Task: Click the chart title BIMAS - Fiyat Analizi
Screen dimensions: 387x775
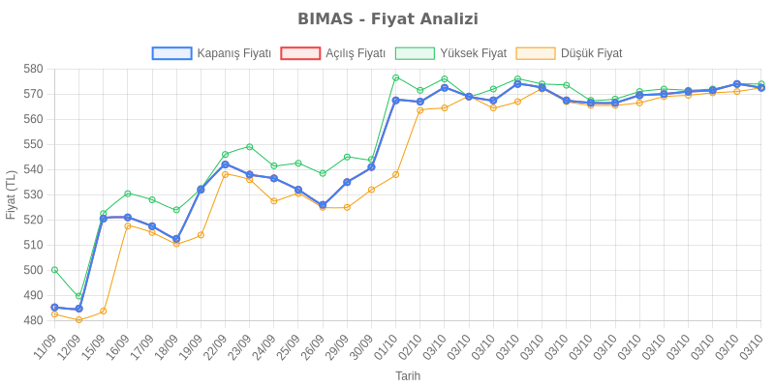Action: pyautogui.click(x=387, y=19)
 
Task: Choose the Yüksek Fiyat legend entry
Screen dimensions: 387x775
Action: pyautogui.click(x=451, y=53)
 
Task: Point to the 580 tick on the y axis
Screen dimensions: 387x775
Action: pyautogui.click(x=32, y=69)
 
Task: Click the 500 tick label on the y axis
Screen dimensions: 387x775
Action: pyautogui.click(x=32, y=270)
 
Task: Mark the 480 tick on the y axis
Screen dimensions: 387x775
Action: pyautogui.click(x=32, y=320)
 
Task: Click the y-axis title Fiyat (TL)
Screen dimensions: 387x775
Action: pyautogui.click(x=11, y=194)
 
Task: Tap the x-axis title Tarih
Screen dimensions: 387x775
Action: pyautogui.click(x=408, y=375)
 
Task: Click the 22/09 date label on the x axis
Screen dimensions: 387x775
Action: pyautogui.click(x=216, y=346)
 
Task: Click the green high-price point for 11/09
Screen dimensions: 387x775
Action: pyautogui.click(x=54, y=270)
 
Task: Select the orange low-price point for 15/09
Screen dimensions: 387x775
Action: pyautogui.click(x=104, y=312)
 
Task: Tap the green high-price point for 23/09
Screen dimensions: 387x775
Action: pyautogui.click(x=250, y=147)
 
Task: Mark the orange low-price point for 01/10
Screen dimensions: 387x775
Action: pyautogui.click(x=396, y=174)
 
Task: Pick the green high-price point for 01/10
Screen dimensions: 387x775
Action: pyautogui.click(x=396, y=77)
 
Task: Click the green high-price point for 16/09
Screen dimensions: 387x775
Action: pyautogui.click(x=128, y=193)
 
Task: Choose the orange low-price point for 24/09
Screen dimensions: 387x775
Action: pyautogui.click(x=274, y=201)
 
